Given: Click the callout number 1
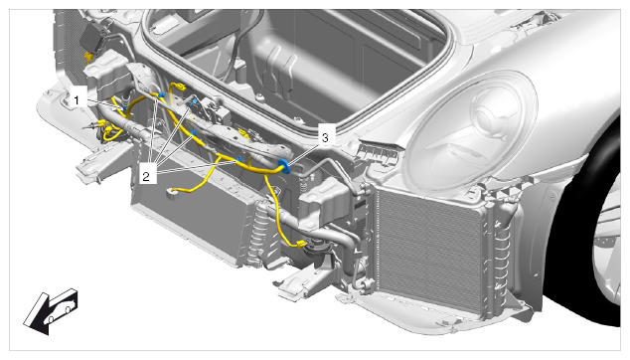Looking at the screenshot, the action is tap(77, 99).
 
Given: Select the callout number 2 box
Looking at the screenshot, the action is tap(146, 176).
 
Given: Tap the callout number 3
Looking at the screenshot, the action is tap(325, 138).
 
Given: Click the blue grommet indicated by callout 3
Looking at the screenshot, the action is tap(284, 166).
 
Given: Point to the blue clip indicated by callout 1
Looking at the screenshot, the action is tap(124, 108).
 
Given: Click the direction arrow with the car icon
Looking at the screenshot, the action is tap(51, 311).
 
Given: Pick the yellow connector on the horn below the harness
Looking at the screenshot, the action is tap(300, 244).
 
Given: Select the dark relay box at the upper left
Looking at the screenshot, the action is tap(95, 37).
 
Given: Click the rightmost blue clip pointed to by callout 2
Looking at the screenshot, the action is tap(239, 159).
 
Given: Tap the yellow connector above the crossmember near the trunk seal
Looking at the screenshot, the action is tap(179, 87).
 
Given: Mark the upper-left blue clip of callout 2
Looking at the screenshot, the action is tap(162, 95).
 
